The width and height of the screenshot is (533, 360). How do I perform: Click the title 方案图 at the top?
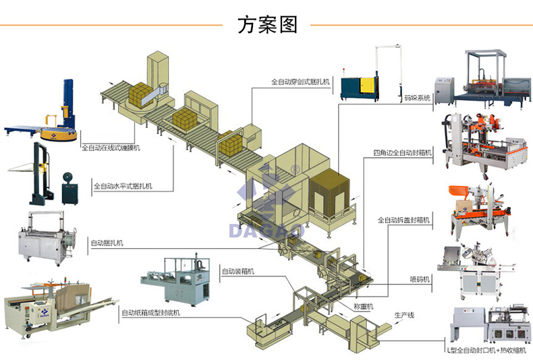267,25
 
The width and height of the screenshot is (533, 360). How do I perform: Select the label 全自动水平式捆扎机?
123,186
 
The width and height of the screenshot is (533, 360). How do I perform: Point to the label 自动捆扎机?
107,242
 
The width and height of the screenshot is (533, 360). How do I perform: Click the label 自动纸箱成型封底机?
150,313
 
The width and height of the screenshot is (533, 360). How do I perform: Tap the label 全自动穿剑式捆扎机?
300,82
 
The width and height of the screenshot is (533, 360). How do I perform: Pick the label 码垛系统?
417,98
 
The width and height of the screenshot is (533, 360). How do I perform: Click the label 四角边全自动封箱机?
402,153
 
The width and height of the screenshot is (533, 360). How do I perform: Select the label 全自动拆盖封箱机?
404,220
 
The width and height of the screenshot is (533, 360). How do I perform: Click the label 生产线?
404,314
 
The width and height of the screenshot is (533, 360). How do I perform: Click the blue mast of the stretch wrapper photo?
67,101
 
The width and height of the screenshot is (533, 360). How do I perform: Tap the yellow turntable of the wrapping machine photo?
57,135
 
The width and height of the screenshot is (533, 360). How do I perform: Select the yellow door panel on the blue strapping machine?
366,86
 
